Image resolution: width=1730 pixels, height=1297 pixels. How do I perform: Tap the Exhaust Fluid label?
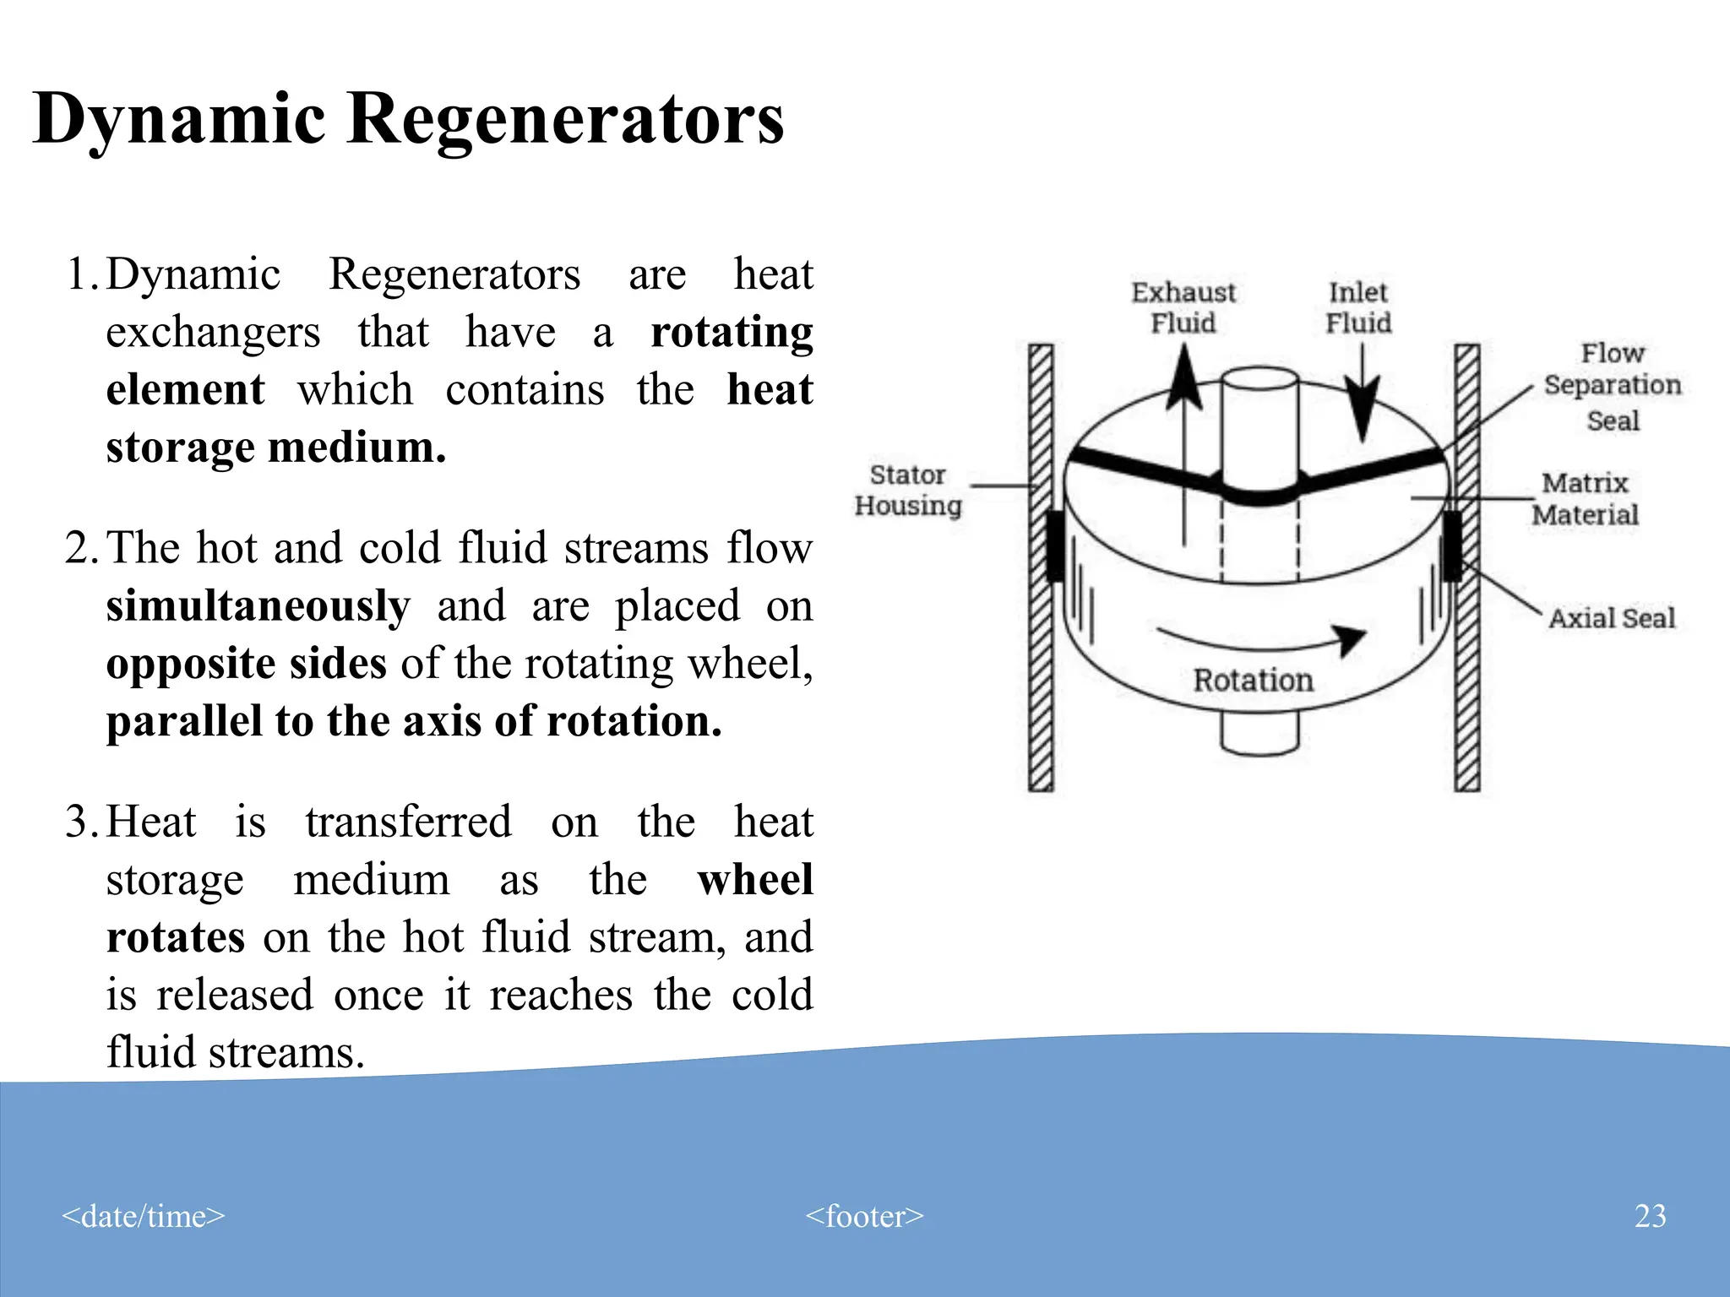click(1183, 308)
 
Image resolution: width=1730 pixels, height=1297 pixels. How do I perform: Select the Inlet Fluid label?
click(1357, 308)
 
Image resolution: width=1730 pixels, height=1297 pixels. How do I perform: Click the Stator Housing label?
click(908, 490)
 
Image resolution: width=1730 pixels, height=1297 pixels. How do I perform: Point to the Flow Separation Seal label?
click(1612, 386)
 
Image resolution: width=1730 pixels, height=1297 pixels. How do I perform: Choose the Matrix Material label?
click(1585, 499)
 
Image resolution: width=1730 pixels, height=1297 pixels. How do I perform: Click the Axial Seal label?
click(1611, 618)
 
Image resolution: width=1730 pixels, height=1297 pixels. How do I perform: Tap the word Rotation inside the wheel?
click(1253, 681)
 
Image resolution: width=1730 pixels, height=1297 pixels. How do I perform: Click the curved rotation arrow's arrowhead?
click(1351, 638)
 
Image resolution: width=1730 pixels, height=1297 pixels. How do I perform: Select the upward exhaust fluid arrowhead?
click(1184, 380)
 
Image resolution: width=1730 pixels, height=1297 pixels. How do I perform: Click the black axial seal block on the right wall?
click(1452, 545)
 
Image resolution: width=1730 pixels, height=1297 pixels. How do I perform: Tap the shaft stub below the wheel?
click(1259, 733)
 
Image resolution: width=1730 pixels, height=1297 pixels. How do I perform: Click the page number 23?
click(1650, 1216)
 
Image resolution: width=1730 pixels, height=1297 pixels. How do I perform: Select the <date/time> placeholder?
click(144, 1216)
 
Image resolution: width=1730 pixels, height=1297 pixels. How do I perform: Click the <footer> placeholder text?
click(864, 1216)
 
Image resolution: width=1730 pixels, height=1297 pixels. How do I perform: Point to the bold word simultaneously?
click(258, 606)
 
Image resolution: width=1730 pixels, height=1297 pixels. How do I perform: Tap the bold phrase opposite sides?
click(246, 664)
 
